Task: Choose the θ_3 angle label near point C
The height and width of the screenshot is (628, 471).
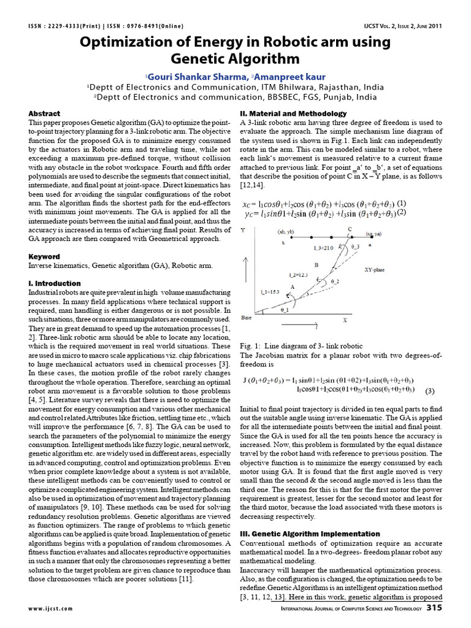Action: point(355,246)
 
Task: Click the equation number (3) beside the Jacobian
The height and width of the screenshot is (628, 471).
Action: point(429,391)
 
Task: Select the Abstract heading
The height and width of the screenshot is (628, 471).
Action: point(44,113)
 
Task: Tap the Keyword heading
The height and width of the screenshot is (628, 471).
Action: point(44,256)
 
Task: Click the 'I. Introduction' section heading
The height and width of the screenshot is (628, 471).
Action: point(55,283)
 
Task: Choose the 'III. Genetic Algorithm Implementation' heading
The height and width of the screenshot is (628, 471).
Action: point(310,534)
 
